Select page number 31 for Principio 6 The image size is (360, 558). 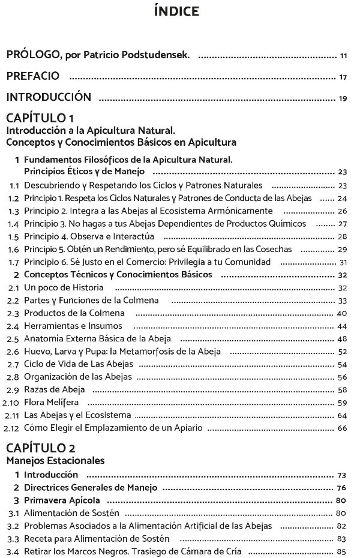tap(344, 262)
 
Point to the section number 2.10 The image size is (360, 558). tap(11, 403)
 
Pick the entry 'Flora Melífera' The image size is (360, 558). tap(52, 403)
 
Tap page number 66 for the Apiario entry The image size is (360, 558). tap(343, 428)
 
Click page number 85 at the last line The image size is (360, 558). tap(343, 551)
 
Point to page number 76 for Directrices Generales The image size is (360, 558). tap(343, 487)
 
